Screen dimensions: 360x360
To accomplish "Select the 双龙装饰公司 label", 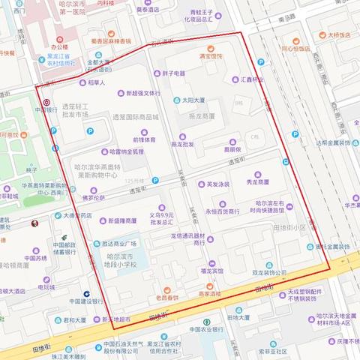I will (270, 273).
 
